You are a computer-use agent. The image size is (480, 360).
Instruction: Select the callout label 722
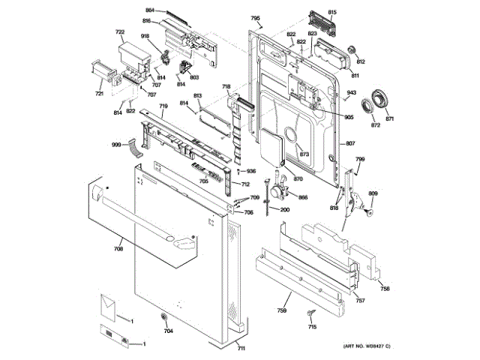pos(119,31)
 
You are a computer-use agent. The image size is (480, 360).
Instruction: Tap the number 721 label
pos(98,94)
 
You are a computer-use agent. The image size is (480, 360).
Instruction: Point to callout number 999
pos(116,144)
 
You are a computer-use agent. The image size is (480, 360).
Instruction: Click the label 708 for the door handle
pos(118,247)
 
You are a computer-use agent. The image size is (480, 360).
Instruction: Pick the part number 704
pos(168,331)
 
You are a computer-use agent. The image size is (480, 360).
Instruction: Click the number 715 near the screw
pos(312,327)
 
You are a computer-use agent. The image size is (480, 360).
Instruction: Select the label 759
pos(282,310)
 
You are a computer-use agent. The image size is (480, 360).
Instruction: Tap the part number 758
pos(385,289)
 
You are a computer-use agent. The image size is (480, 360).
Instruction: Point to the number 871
pos(390,119)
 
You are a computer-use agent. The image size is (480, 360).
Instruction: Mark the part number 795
pos(255,17)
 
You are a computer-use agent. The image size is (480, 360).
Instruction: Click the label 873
pos(304,154)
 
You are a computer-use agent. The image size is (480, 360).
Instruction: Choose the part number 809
pos(373,195)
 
